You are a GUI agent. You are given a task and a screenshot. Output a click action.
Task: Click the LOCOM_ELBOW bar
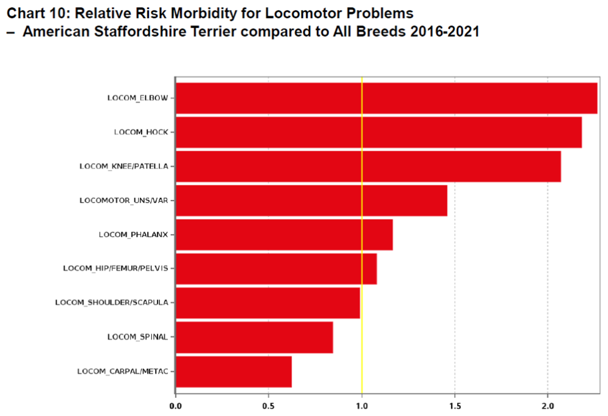[386, 98]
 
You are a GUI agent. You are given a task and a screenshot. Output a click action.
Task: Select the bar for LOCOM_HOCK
[378, 132]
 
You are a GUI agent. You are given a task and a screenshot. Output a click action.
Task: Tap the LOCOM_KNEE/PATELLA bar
[368, 166]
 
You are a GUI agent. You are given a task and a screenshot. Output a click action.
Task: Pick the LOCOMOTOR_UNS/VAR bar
[311, 200]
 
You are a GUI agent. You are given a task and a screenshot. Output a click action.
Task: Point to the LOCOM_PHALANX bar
[284, 234]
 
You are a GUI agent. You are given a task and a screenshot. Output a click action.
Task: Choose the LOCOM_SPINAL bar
[254, 336]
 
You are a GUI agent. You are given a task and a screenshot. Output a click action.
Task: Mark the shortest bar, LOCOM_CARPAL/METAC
[233, 371]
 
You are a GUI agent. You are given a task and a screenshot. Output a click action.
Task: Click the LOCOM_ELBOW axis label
[137, 98]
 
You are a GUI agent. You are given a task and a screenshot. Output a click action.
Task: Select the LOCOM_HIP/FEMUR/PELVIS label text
[116, 268]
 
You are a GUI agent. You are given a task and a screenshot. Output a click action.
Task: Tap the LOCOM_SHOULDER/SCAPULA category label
[112, 302]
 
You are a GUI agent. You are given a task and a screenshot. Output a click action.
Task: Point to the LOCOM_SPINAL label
[137, 336]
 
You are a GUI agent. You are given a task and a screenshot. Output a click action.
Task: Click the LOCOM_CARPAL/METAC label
[122, 371]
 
